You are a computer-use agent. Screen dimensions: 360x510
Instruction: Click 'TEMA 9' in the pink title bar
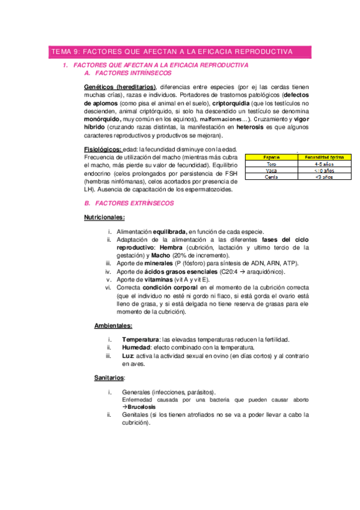coord(63,52)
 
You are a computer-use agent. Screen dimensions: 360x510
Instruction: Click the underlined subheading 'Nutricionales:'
coord(104,217)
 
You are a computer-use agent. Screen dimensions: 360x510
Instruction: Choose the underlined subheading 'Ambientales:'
coord(114,326)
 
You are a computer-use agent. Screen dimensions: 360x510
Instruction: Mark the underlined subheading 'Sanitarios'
coord(109,378)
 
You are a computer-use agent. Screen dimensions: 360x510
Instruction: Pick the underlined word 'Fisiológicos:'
coord(104,149)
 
